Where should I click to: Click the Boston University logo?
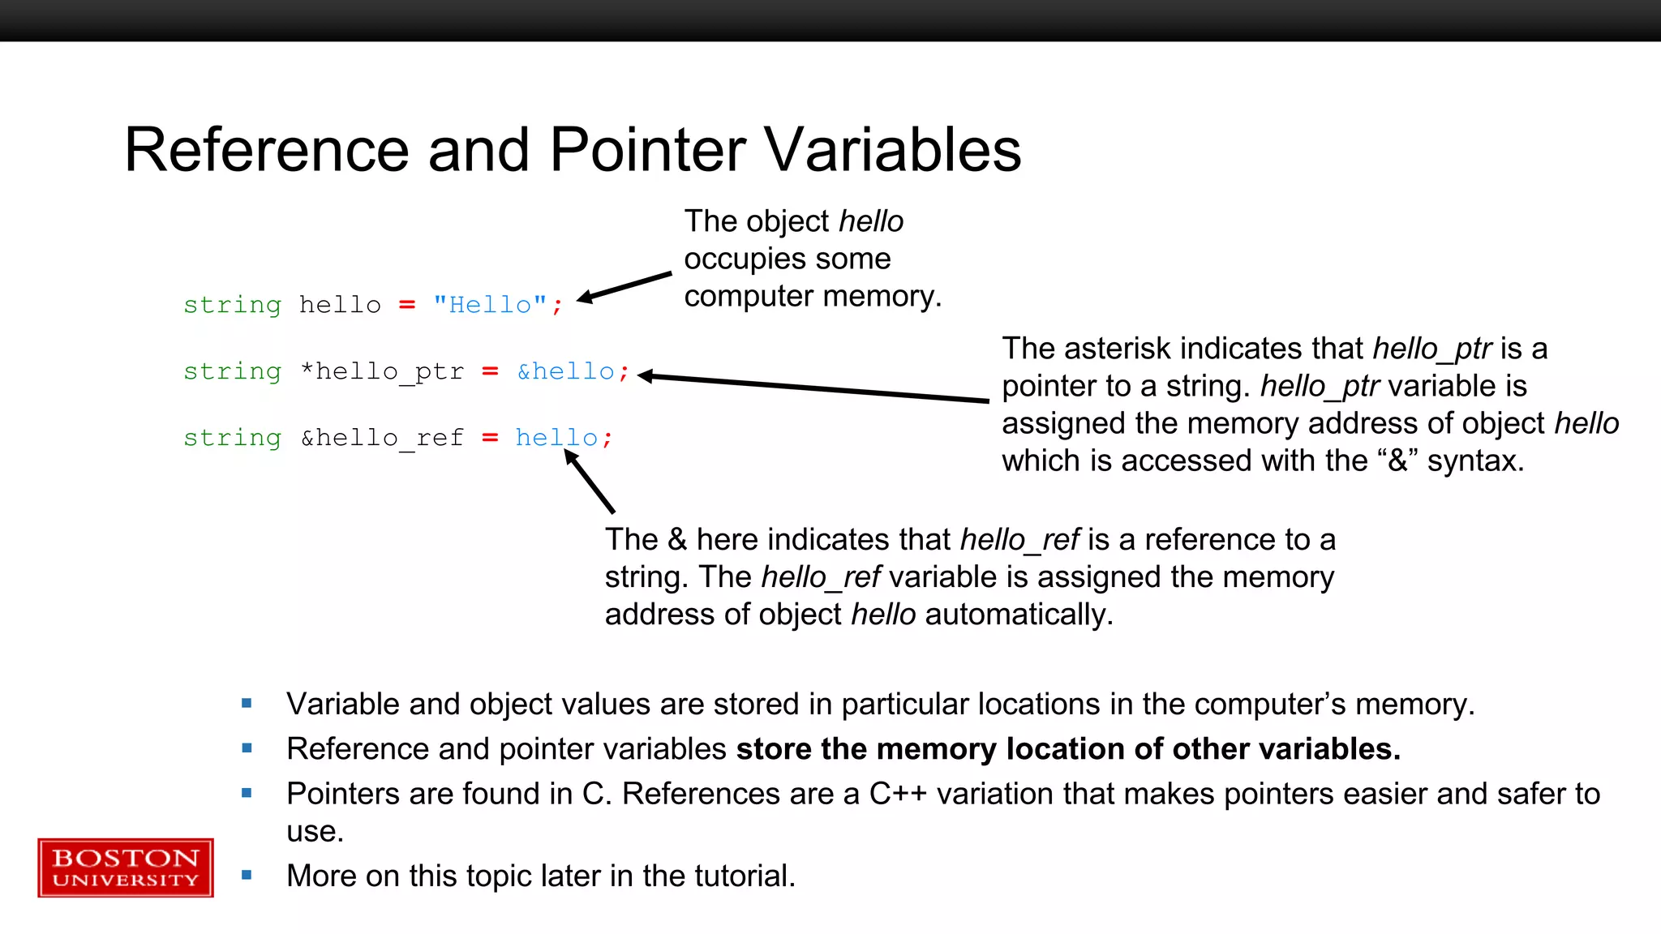coord(126,868)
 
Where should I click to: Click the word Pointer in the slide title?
coord(647,151)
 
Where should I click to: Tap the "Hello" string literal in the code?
coord(490,305)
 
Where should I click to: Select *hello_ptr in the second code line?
coord(382,371)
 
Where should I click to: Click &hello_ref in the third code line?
coord(382,438)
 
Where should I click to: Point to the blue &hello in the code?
coord(566,371)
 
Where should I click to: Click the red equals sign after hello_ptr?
coord(490,371)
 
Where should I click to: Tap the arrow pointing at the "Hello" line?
coord(624,287)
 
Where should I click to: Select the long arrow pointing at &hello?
coord(811,388)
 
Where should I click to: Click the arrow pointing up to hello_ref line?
coord(590,482)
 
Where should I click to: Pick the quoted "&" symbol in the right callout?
coord(1397,461)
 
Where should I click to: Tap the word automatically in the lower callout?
coord(1019,615)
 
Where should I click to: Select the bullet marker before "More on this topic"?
coord(247,876)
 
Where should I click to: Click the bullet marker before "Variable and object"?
coord(247,704)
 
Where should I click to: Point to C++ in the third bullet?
coord(897,794)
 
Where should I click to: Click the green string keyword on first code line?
coord(232,305)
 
